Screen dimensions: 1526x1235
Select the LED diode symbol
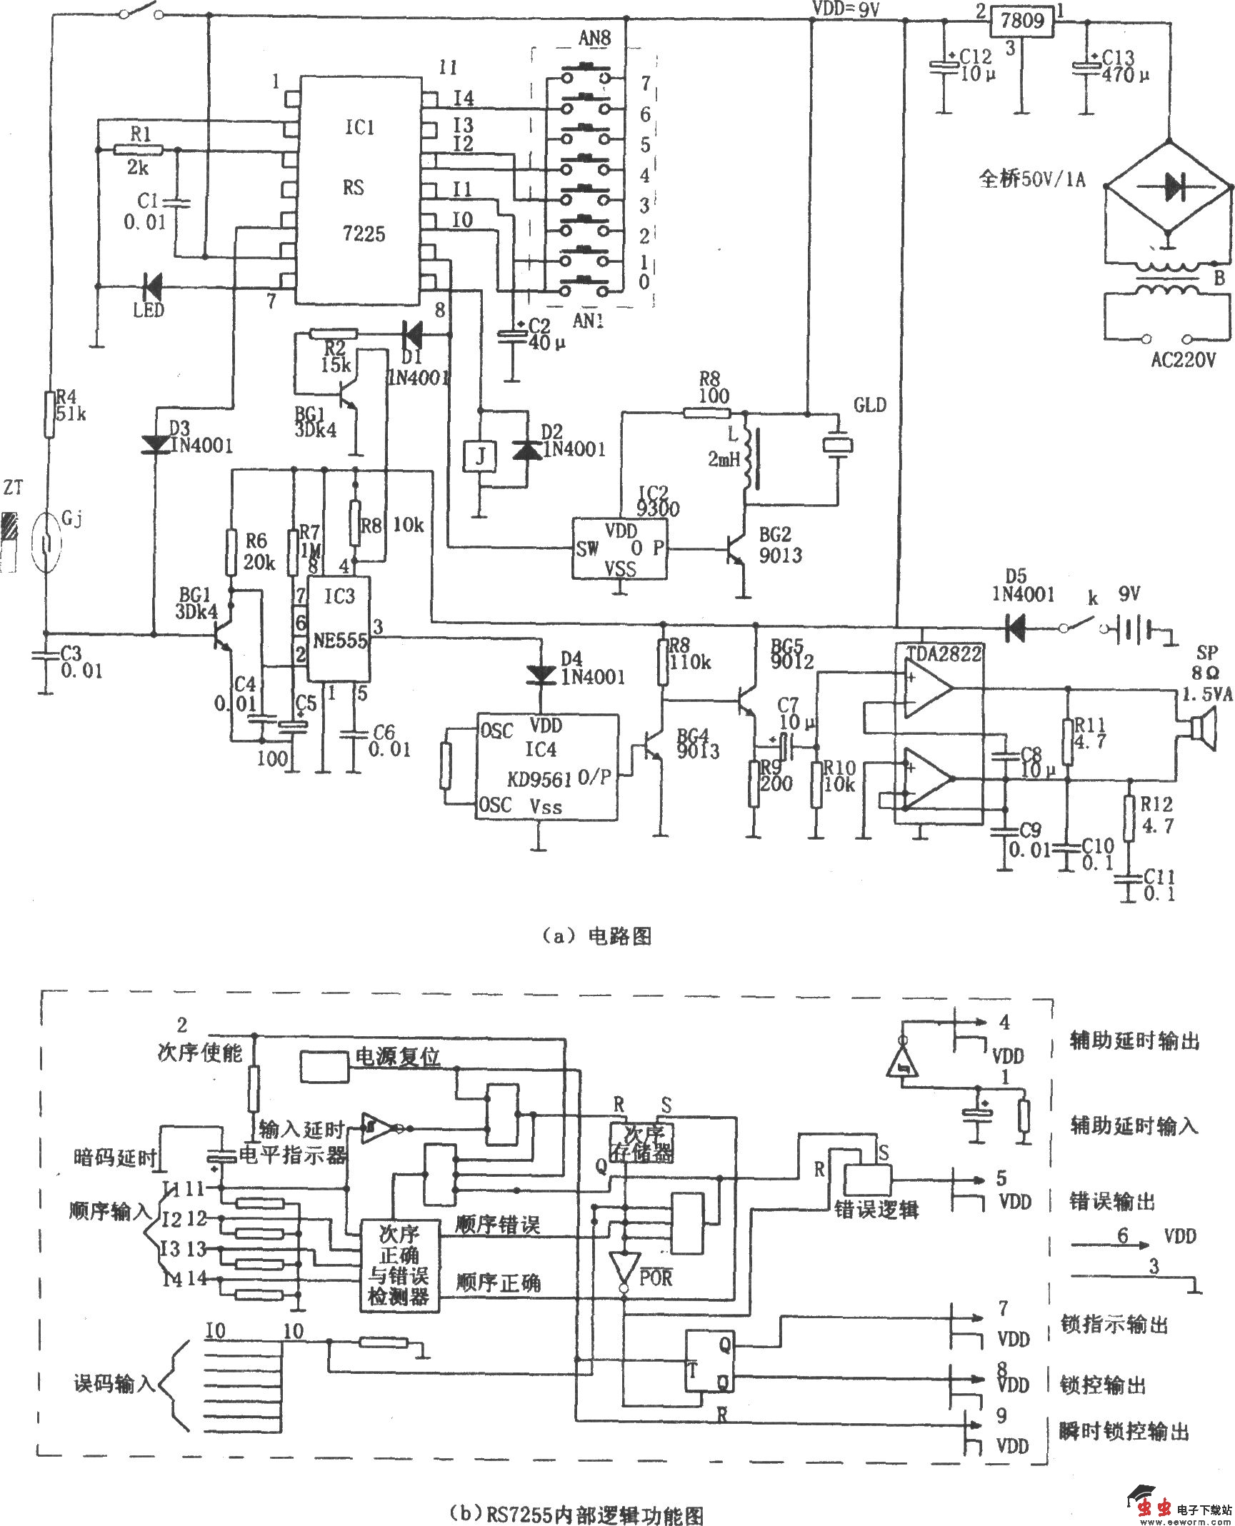point(151,287)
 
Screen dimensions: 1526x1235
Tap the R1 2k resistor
point(139,149)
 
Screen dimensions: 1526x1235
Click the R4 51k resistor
point(49,414)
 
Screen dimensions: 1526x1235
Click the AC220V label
point(1183,360)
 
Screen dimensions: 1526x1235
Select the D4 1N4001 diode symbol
point(540,673)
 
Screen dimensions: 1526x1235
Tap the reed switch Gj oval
point(47,544)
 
